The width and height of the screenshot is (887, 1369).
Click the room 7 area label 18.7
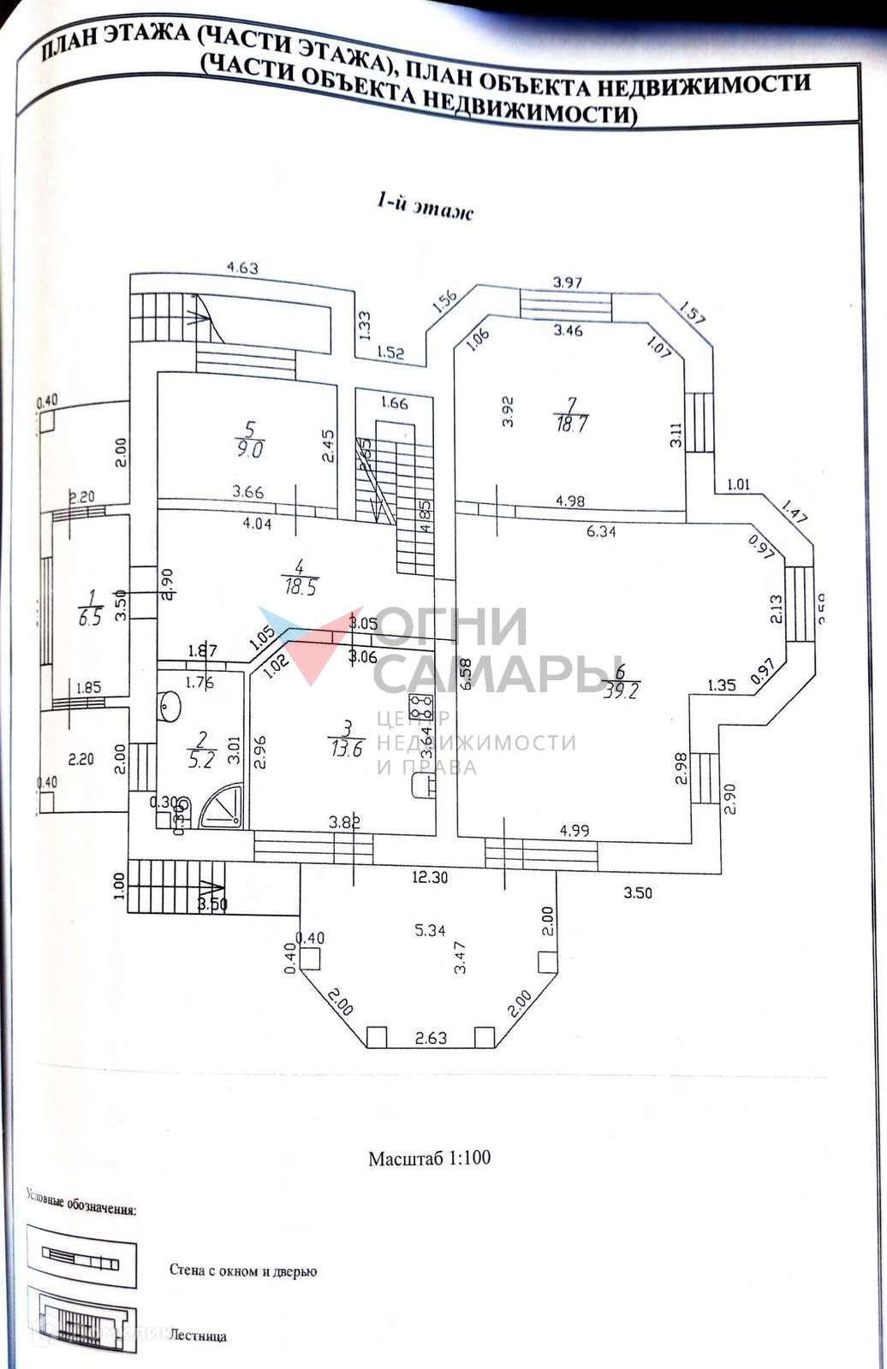tap(571, 424)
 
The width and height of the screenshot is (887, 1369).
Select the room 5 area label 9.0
tap(251, 448)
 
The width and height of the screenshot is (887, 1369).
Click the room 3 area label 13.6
tap(345, 747)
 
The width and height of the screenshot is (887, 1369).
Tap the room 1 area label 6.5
tap(90, 617)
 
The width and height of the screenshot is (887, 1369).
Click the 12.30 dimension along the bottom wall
tap(430, 877)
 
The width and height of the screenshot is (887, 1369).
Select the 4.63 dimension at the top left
tap(242, 268)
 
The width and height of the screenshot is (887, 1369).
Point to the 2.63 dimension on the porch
tap(431, 1038)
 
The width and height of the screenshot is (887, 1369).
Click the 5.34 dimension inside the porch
tap(430, 930)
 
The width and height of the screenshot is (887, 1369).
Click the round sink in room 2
tap(170, 707)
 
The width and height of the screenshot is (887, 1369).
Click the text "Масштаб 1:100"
tap(430, 1159)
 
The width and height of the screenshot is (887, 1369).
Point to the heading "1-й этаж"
tap(425, 206)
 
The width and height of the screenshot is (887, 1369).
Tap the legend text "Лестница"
tap(198, 1336)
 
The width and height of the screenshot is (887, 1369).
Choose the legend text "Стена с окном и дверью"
tap(243, 1271)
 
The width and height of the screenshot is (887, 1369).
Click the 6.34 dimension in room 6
tap(601, 531)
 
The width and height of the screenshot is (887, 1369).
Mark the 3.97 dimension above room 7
tap(568, 282)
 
